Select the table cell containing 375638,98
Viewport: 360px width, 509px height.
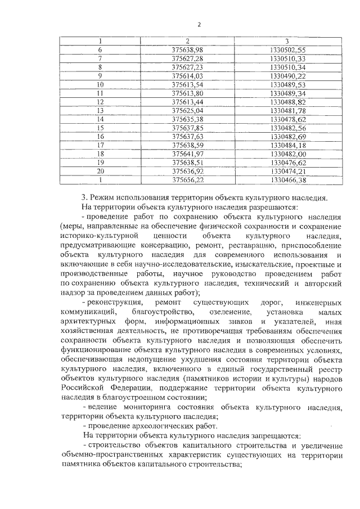pyautogui.click(x=187, y=50)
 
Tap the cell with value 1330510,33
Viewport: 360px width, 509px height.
pyautogui.click(x=287, y=58)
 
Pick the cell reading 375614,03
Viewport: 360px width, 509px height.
pyautogui.click(x=187, y=76)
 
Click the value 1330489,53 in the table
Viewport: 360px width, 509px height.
pyautogui.click(x=287, y=84)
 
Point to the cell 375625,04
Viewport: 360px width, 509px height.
pyautogui.click(x=187, y=111)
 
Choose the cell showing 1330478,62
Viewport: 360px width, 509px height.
pyautogui.click(x=287, y=119)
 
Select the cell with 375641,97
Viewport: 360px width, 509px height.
pyautogui.click(x=187, y=154)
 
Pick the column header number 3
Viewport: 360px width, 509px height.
pyautogui.click(x=287, y=41)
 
